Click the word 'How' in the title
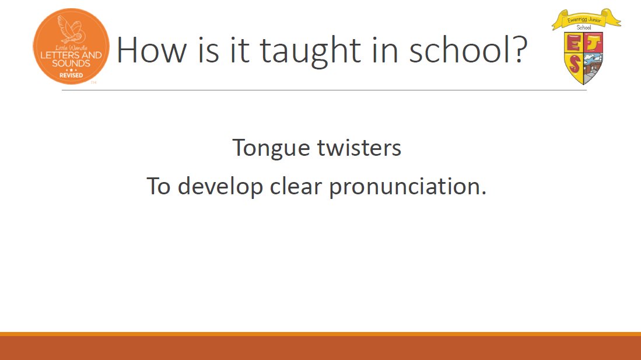(x=152, y=50)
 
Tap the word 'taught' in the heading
(x=311, y=53)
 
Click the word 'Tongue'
(x=271, y=149)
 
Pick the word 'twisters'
(x=359, y=147)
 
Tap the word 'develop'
(x=220, y=187)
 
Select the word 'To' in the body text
(x=159, y=186)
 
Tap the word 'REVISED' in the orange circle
(x=71, y=75)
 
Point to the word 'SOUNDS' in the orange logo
(x=71, y=64)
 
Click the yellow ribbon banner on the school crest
(x=586, y=19)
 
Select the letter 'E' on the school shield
(x=573, y=43)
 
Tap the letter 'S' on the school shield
(x=575, y=64)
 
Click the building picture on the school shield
(x=592, y=66)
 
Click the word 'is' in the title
(x=208, y=50)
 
